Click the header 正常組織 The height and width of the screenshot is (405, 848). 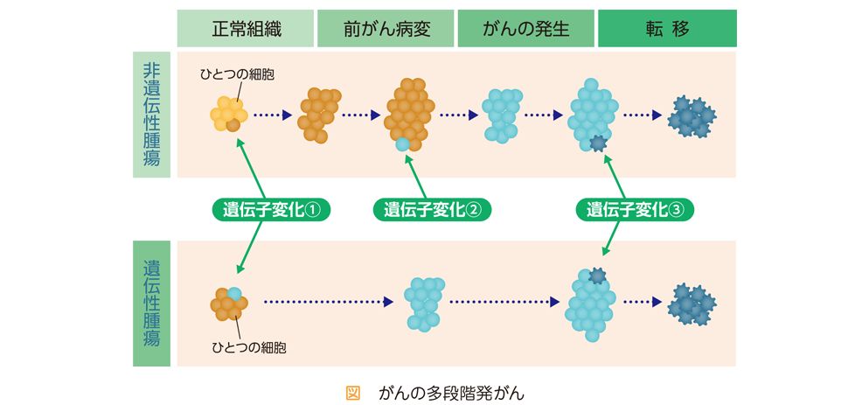click(246, 28)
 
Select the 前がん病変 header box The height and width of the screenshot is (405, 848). click(386, 28)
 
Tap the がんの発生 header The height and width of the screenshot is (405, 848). click(525, 28)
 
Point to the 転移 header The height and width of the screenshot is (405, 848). click(667, 28)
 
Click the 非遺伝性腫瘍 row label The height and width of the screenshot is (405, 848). click(151, 115)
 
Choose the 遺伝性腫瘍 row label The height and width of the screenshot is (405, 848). click(151, 304)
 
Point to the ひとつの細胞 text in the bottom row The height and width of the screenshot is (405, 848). click(248, 347)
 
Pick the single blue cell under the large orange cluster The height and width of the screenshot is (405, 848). click(402, 144)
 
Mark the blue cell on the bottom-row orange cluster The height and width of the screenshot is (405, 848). click(234, 294)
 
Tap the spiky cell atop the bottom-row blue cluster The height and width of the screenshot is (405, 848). click(596, 276)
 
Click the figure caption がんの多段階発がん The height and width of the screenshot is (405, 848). click(452, 393)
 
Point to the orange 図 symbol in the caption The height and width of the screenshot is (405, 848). click(352, 393)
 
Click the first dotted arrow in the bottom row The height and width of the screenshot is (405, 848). click(329, 303)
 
